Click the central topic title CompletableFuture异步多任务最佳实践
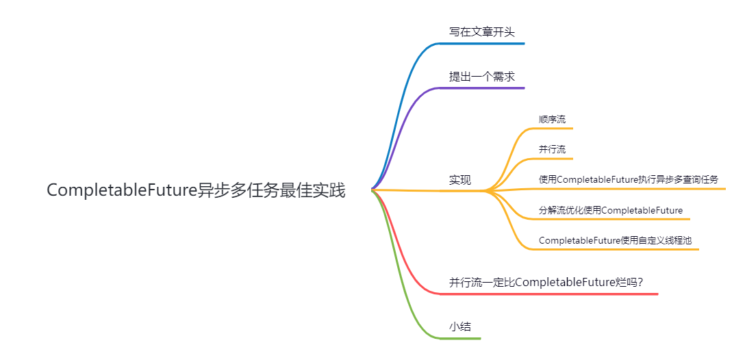(x=196, y=190)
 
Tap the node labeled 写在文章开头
(x=481, y=31)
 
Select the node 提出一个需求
(x=481, y=76)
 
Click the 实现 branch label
(x=460, y=180)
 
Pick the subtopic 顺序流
(x=552, y=119)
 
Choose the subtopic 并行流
(x=552, y=149)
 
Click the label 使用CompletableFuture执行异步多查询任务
(x=629, y=179)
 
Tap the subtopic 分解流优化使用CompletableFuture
(x=611, y=210)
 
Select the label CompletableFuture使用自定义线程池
(x=616, y=240)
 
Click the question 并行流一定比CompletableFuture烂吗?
(x=546, y=282)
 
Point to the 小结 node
(x=460, y=326)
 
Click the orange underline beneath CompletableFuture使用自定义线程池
(x=616, y=249)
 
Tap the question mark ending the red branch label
(x=640, y=282)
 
